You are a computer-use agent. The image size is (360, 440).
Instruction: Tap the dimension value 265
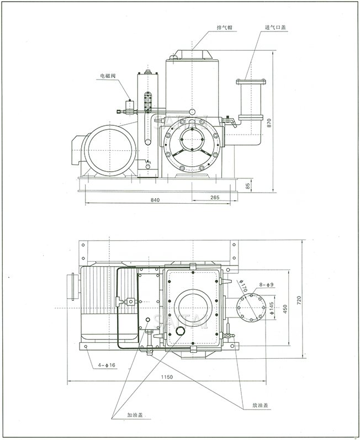(x=215, y=198)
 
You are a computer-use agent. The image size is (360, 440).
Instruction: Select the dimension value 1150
(x=167, y=377)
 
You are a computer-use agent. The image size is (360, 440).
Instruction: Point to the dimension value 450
(x=285, y=308)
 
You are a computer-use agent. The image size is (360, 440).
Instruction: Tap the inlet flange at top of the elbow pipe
(x=251, y=83)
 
